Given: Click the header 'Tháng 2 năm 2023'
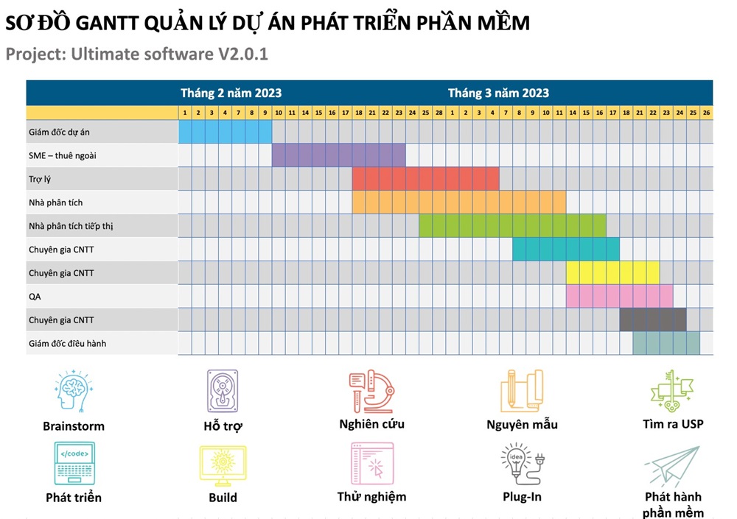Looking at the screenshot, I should coord(231,93).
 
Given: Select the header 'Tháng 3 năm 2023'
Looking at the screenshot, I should coord(498,93).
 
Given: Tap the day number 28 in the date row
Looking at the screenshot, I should coord(439,113).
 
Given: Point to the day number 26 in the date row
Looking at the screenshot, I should coord(706,113).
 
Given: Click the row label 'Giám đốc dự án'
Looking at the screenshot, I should coord(59,132).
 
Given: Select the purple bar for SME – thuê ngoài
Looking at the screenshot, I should coord(338,155).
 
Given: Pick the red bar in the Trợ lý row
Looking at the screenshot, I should coord(425,179).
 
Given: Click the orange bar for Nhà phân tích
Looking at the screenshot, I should coord(458,202).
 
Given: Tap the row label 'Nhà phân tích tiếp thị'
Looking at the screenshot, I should coord(71,226).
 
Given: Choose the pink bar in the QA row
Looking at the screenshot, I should coord(619,296).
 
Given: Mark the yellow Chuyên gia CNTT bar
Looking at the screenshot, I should coord(612,272).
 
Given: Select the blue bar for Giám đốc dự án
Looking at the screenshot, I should coord(226,132).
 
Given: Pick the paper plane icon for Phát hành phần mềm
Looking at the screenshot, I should coord(671,467).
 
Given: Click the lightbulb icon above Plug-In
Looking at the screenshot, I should coord(521,464).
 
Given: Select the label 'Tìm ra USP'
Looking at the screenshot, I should coord(673,424).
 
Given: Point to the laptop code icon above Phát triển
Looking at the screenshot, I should coord(74,464).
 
